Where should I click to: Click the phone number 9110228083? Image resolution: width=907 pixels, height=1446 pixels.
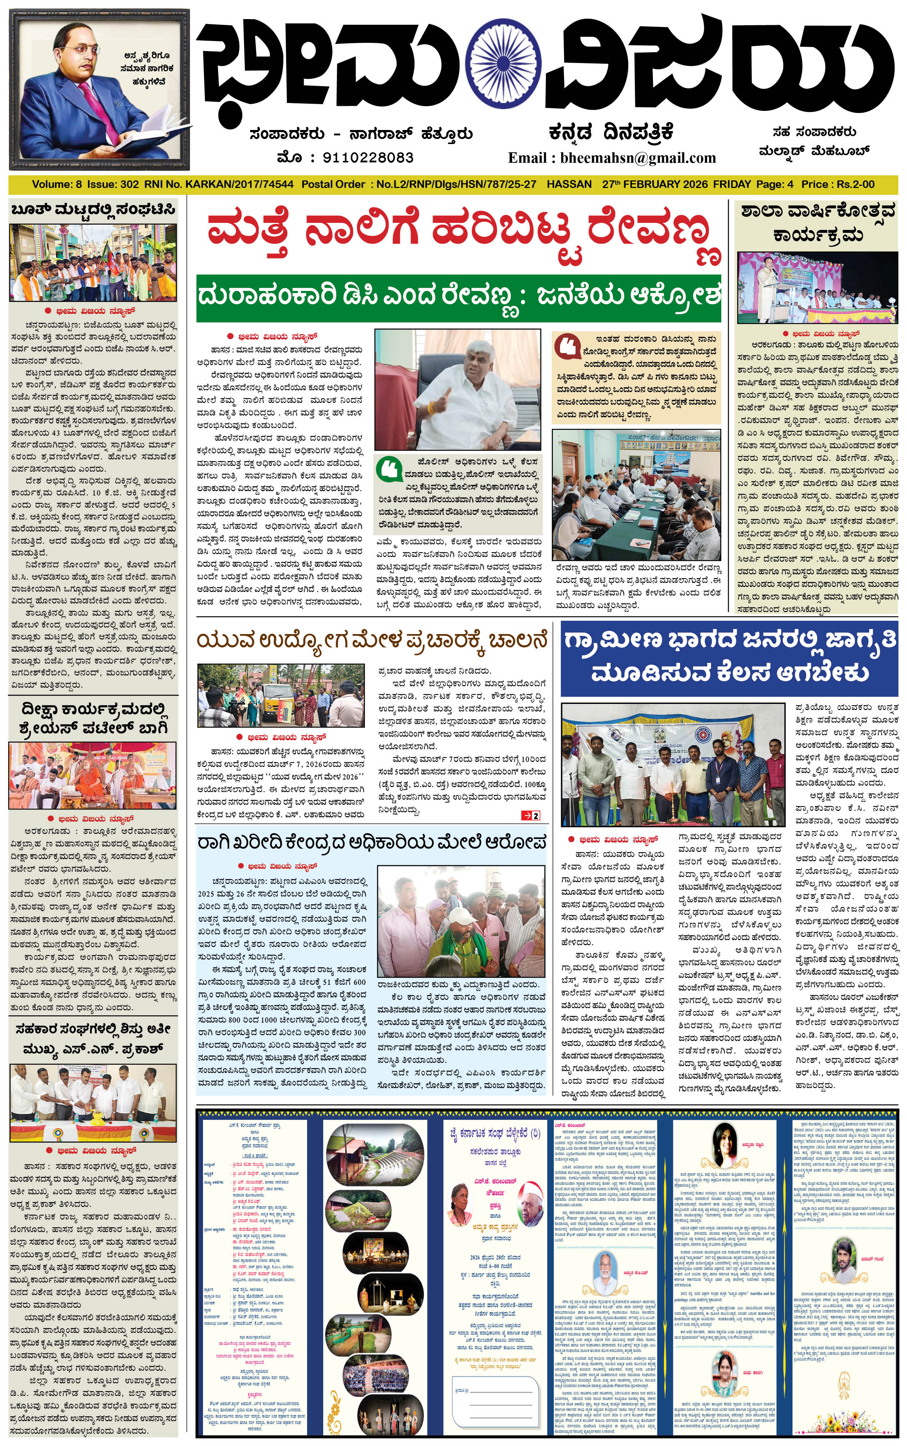click(368, 157)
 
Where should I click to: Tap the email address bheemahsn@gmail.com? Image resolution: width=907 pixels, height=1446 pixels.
click(638, 158)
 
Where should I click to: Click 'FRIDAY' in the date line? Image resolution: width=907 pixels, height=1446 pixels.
click(731, 184)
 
